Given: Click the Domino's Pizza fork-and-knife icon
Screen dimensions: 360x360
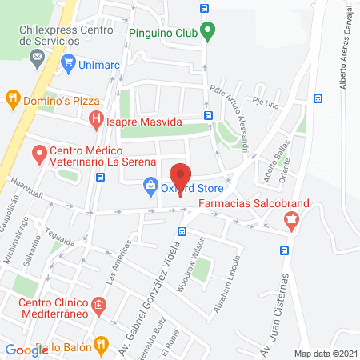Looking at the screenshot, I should click(x=13, y=99).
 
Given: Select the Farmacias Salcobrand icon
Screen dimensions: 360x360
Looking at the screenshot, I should click(x=291, y=222).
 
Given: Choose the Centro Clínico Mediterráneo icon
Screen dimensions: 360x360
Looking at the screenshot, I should click(x=99, y=304).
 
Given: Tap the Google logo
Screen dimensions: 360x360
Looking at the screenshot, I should click(x=26, y=350).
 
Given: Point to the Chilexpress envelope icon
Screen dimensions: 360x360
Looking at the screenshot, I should click(x=36, y=58).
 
